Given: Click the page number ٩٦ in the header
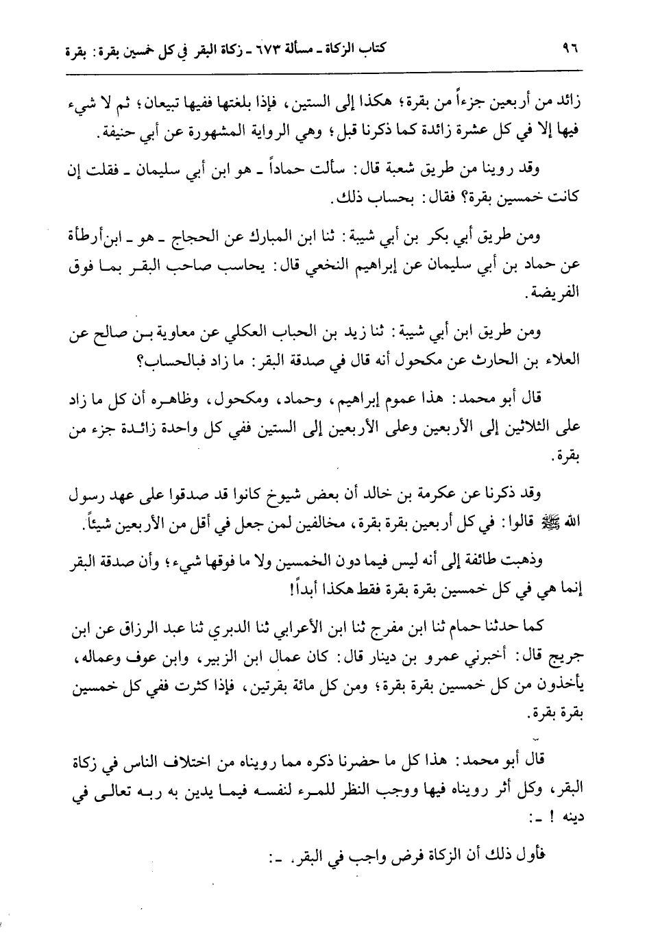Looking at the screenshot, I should click(570, 50).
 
